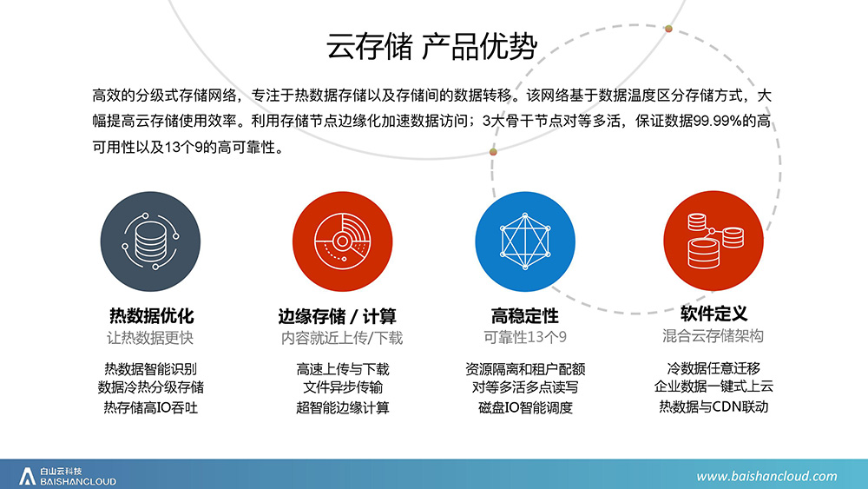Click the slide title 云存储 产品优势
431,46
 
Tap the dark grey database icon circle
150,241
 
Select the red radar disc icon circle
342,241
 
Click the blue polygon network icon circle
525,241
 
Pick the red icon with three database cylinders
713,241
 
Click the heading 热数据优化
151,315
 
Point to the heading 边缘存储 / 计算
337,316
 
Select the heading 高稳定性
525,315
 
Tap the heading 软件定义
713,314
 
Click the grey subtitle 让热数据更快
150,338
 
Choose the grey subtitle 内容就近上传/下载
342,338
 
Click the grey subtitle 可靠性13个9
525,337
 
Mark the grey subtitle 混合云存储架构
713,336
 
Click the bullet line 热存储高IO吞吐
150,407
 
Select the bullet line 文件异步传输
343,387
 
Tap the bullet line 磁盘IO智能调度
525,407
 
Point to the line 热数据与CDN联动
713,406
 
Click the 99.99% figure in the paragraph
718,122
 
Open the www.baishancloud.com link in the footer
766,476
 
